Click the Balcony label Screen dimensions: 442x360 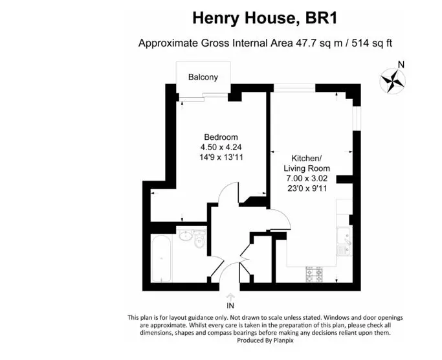point(203,77)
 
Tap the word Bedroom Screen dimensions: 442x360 point(221,137)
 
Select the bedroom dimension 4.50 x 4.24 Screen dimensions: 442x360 point(221,147)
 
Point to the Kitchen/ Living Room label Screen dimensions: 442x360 point(307,163)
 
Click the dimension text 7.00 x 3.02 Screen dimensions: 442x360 point(307,178)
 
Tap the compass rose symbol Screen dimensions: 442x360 point(392,81)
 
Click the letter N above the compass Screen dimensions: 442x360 point(401,65)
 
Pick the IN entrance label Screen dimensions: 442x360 point(230,306)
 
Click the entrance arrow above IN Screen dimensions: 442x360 point(230,297)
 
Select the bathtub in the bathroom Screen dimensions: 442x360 point(161,258)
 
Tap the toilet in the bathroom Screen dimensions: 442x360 point(199,238)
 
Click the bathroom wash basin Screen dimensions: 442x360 point(185,235)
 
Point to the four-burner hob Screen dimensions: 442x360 point(314,275)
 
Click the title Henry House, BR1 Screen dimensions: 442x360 point(265,18)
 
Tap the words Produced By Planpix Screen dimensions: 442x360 point(265,341)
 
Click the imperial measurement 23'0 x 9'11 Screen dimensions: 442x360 point(307,188)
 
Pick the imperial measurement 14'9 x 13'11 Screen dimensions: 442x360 point(221,157)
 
